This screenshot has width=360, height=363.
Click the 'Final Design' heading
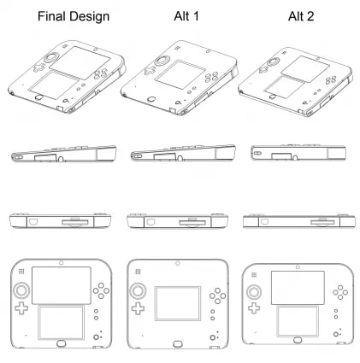click(x=74, y=16)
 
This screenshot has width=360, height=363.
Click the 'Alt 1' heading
click(x=186, y=16)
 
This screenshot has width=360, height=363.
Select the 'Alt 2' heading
click(x=301, y=16)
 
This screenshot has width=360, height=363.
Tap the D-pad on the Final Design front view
click(x=21, y=308)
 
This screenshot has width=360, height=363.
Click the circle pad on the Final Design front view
click(x=21, y=290)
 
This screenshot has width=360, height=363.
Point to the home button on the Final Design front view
click(x=61, y=343)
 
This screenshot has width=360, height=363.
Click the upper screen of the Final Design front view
click(x=62, y=285)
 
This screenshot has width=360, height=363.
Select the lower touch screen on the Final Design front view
click(x=61, y=323)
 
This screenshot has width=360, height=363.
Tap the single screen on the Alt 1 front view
click(x=178, y=303)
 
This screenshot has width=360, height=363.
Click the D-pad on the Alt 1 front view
click(x=138, y=308)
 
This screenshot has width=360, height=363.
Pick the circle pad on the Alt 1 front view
click(x=138, y=290)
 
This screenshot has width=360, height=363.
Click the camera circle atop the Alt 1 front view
click(x=178, y=263)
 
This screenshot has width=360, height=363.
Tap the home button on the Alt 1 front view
click(x=178, y=344)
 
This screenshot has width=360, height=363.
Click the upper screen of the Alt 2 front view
click(x=298, y=288)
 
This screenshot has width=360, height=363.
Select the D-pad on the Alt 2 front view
click(x=254, y=308)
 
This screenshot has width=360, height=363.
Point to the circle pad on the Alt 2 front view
click(x=254, y=292)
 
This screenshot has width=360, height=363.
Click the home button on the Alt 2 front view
click(x=298, y=340)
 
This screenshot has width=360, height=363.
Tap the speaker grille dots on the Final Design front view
click(x=21, y=272)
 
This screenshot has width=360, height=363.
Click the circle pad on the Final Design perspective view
click(x=51, y=58)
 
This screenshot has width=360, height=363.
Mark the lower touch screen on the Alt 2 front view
click(x=298, y=321)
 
